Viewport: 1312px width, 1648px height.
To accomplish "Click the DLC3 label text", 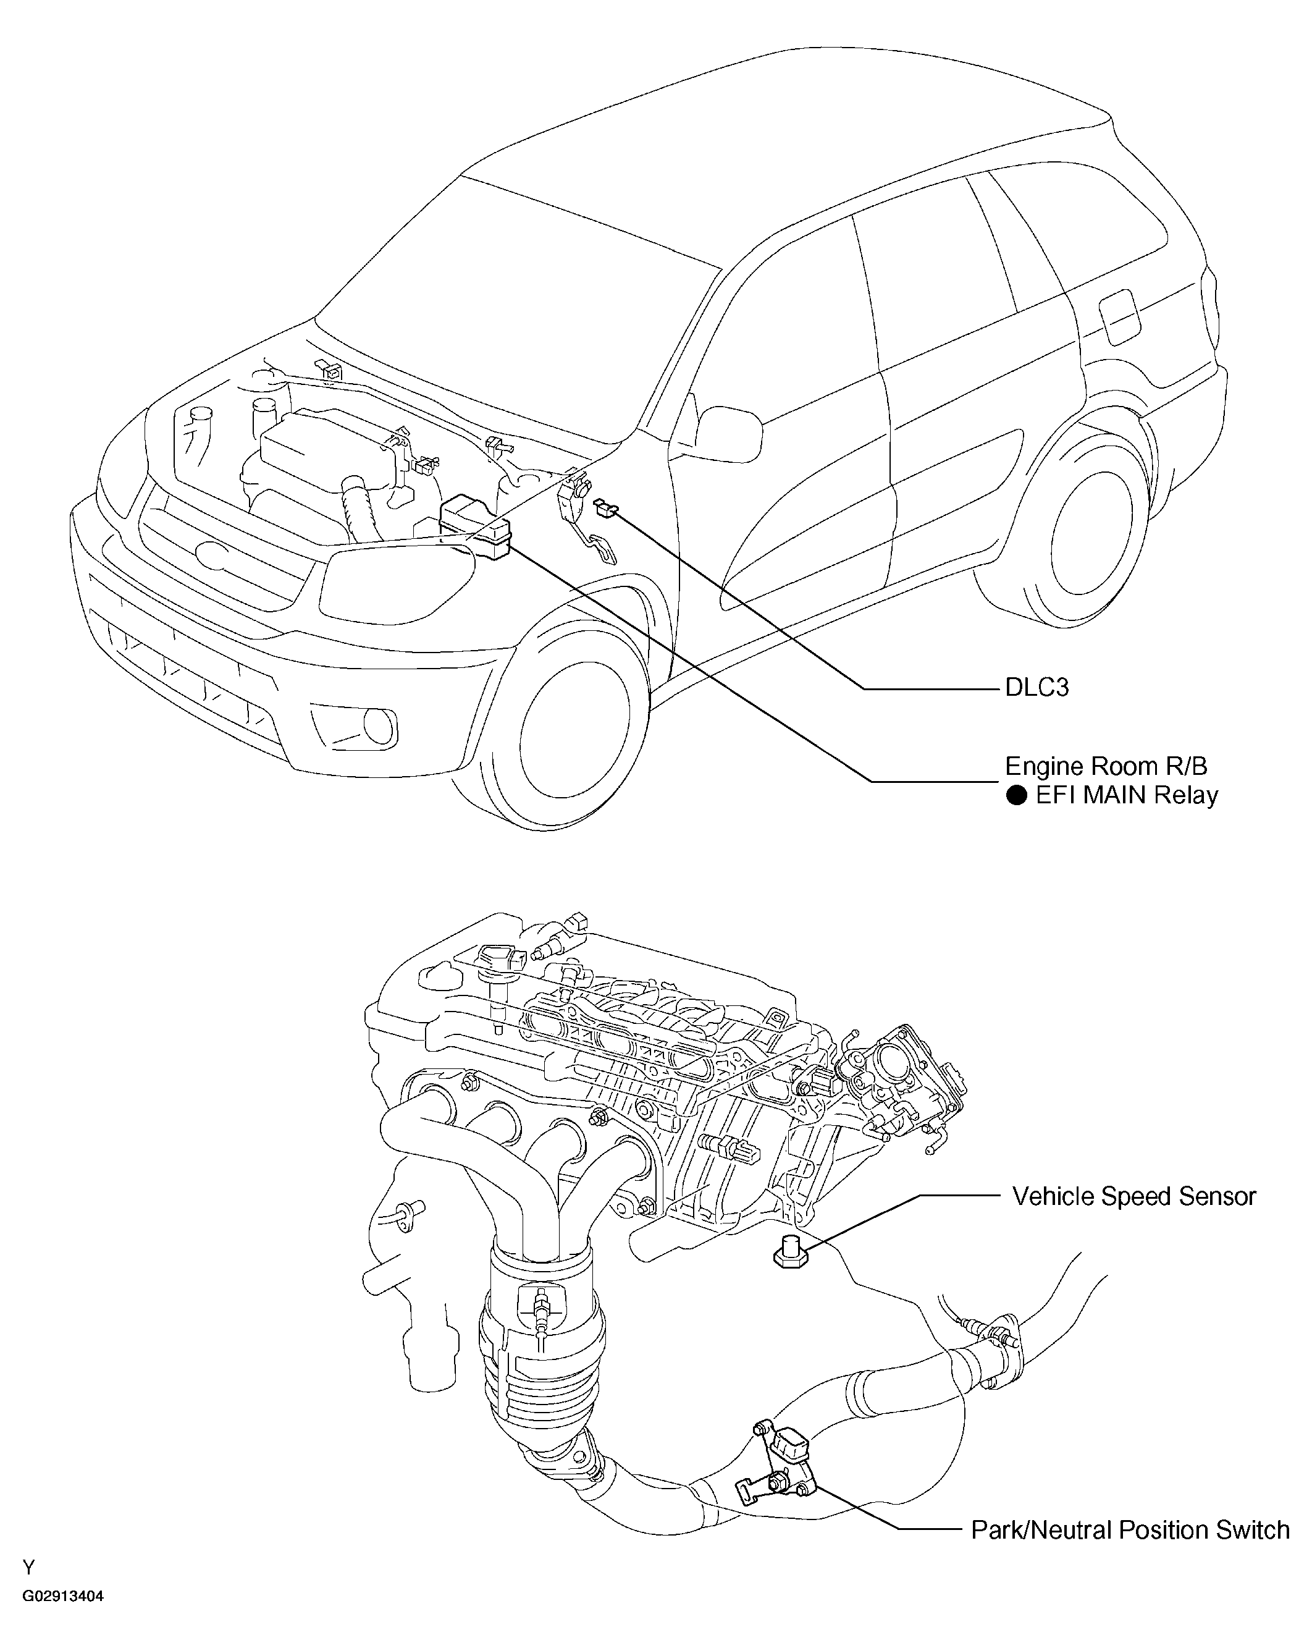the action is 1036,688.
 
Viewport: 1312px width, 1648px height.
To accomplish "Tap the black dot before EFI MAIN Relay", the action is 1016,796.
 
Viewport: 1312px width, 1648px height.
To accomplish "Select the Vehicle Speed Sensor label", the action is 1134,1196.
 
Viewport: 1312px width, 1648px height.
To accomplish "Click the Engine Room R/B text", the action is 1106,766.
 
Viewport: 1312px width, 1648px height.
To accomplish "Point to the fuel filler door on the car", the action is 1118,316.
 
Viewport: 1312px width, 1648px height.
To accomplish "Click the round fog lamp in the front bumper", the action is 377,725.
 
